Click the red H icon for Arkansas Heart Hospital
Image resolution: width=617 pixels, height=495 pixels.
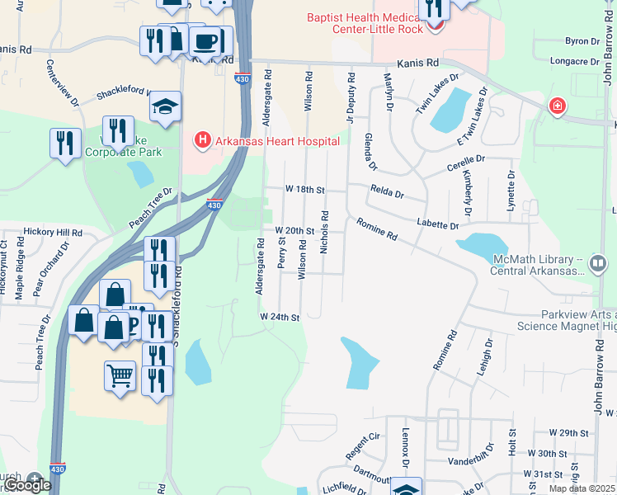201,140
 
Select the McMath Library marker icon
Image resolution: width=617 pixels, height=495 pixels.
598,264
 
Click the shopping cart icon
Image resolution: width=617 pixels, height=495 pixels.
120,375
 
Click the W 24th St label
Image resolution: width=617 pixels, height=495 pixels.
278,317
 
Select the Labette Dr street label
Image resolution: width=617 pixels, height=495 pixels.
437,224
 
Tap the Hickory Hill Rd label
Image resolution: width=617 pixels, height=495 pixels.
53,233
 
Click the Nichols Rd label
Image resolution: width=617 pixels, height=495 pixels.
325,230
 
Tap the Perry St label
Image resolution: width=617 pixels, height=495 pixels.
282,253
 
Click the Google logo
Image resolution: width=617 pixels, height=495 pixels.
26,486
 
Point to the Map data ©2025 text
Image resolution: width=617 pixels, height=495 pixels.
582,488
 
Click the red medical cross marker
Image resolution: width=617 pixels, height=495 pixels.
558,106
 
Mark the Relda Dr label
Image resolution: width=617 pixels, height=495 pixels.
387,195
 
